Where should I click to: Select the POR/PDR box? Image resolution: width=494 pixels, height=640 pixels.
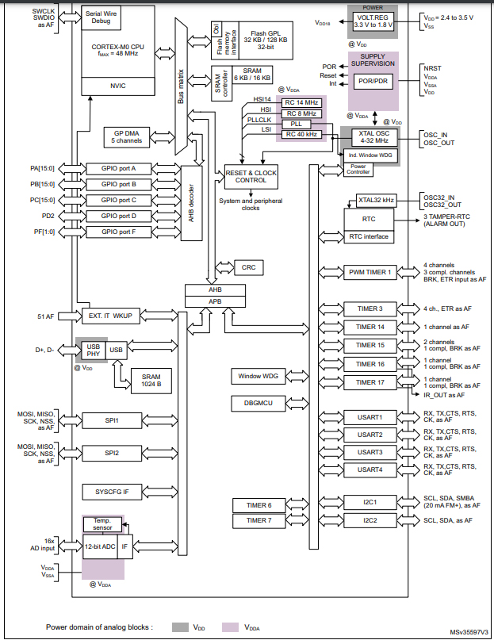point(371,82)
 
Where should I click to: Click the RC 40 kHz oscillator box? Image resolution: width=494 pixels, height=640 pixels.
point(302,135)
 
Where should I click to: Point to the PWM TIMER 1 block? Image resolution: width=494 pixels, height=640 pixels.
point(371,272)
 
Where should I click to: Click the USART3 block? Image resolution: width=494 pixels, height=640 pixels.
point(370,452)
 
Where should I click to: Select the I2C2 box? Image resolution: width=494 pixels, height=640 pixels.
point(370,520)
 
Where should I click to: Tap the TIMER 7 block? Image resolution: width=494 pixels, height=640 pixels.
point(258,520)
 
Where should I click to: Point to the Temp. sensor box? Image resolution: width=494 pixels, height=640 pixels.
point(101,525)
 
